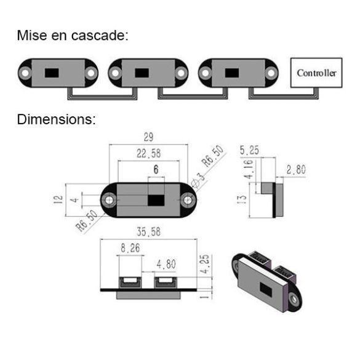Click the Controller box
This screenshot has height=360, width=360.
[316, 73]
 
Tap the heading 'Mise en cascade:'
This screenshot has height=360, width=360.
[73, 35]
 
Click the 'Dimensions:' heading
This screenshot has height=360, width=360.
[56, 119]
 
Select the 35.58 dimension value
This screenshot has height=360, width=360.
[148, 231]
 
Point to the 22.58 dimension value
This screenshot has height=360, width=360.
[148, 153]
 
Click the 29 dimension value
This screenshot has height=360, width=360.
[148, 137]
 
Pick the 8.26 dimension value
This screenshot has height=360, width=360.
[130, 248]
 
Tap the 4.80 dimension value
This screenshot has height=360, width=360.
[166, 264]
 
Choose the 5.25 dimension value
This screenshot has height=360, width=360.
[249, 150]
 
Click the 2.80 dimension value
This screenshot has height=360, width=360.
[296, 169]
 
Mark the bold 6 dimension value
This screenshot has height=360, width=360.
[156, 169]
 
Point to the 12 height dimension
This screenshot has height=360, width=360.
[58, 199]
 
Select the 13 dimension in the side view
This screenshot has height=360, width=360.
[242, 199]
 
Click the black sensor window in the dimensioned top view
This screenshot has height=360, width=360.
[156, 200]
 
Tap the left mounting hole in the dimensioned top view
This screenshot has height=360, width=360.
[110, 200]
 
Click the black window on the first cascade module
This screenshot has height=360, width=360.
[52, 73]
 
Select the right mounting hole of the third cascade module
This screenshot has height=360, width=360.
[271, 73]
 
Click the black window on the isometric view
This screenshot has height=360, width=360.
[266, 289]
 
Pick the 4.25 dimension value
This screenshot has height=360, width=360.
[204, 264]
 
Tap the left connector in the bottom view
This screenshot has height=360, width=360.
[130, 282]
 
